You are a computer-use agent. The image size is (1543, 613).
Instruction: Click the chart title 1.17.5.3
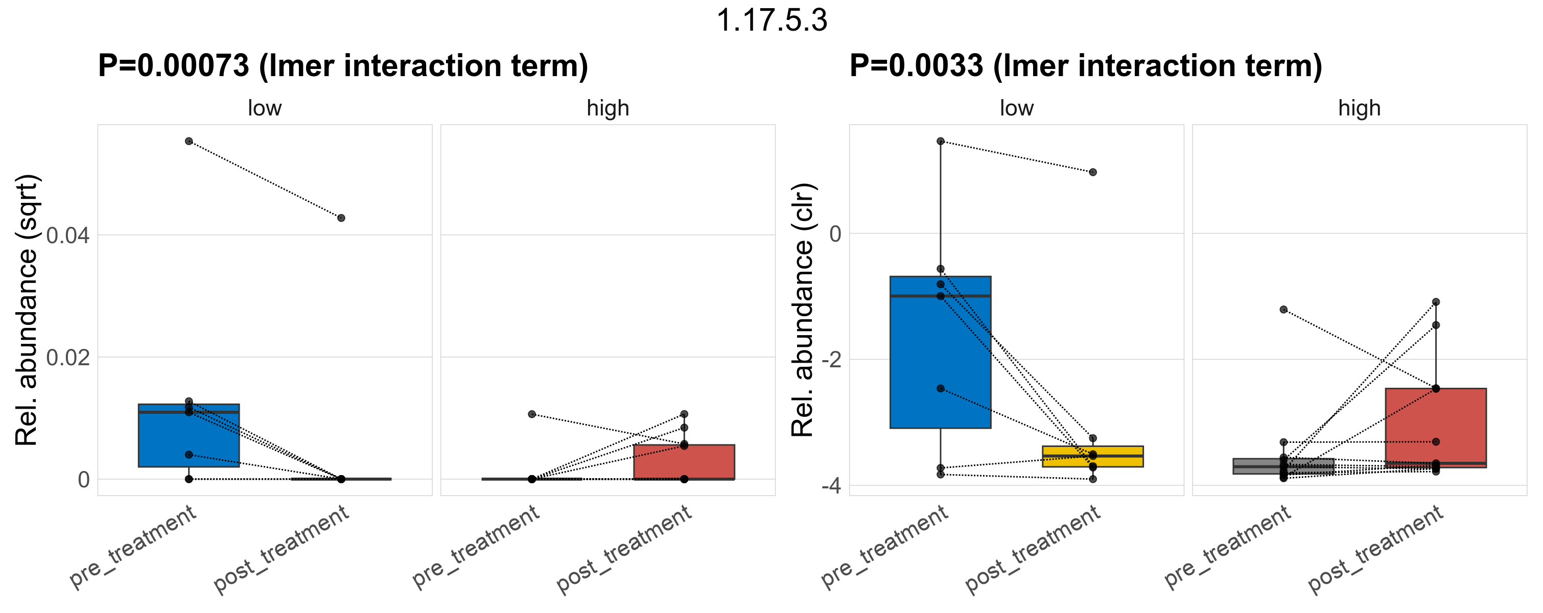point(771,20)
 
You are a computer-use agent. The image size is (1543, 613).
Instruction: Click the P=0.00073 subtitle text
point(343,65)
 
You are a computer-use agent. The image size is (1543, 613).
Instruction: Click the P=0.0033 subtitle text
point(1085,65)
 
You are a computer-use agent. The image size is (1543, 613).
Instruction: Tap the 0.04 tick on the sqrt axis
point(67,235)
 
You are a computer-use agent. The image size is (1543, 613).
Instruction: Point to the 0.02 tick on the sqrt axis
point(67,358)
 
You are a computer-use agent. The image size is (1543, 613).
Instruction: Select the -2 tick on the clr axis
point(831,360)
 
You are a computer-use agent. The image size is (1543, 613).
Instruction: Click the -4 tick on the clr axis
point(831,485)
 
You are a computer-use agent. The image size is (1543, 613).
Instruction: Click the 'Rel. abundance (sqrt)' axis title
point(27,310)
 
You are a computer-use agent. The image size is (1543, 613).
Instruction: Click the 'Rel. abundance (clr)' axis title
point(802,310)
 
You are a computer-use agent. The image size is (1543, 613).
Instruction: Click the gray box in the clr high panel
point(1283,466)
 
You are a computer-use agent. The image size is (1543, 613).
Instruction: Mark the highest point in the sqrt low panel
point(189,142)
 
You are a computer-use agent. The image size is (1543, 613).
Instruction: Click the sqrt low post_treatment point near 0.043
point(341,218)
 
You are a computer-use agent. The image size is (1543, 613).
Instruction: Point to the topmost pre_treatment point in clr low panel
point(941,142)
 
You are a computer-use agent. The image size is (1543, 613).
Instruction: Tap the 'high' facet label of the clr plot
point(1359,108)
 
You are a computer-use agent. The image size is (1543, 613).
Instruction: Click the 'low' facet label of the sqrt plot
point(265,108)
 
